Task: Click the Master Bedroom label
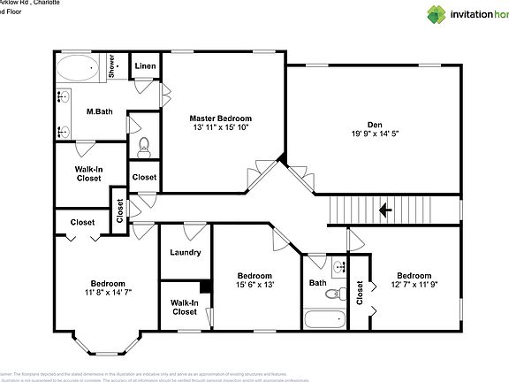click(220, 118)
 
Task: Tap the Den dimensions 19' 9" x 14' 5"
click(375, 134)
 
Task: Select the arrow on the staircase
click(384, 210)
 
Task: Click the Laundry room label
click(186, 253)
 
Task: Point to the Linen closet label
click(145, 67)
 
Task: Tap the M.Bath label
click(98, 112)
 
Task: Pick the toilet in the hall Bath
click(334, 294)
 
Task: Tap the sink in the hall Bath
click(339, 266)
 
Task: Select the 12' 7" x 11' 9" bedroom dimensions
click(413, 285)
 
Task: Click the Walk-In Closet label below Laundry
click(185, 307)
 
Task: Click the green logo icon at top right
click(413, 14)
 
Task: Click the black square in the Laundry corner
click(205, 286)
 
